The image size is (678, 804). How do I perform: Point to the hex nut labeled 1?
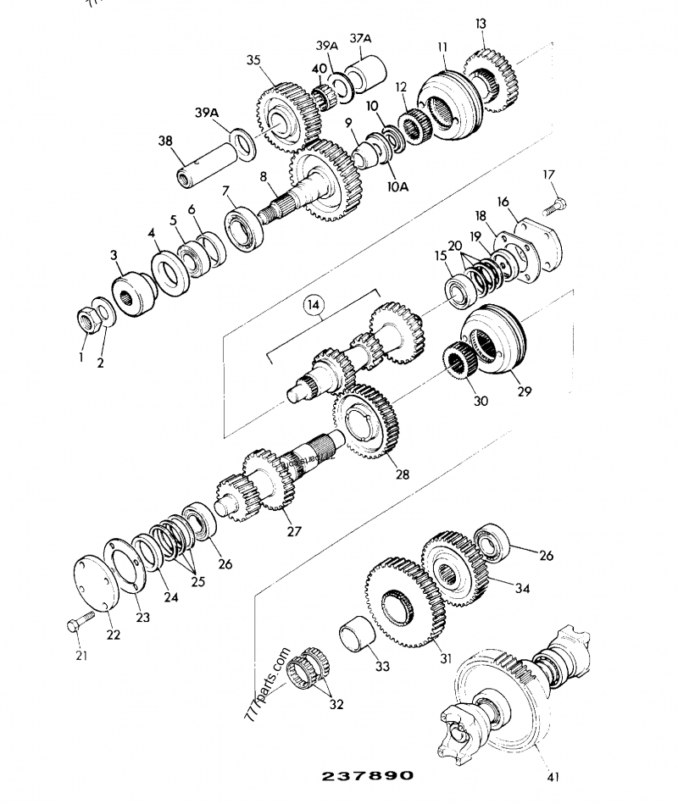pos(87,319)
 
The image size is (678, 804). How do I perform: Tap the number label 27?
pos(294,531)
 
